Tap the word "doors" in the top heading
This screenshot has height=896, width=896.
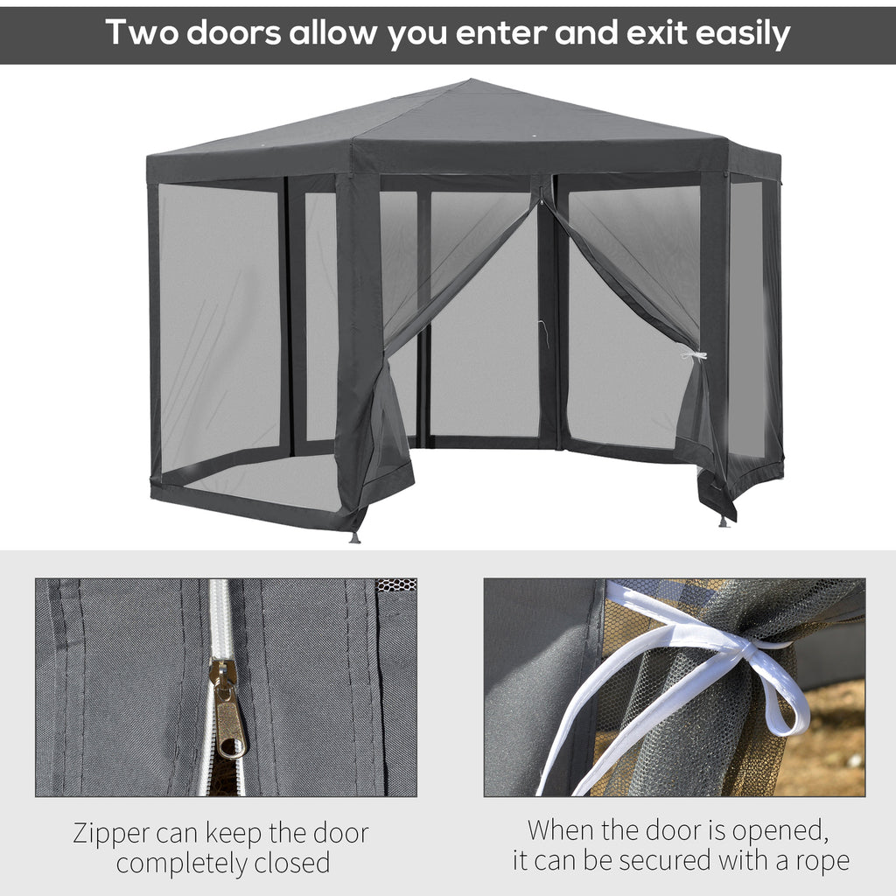[234, 32]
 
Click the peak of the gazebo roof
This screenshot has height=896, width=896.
[471, 80]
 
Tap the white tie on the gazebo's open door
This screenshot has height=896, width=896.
[694, 356]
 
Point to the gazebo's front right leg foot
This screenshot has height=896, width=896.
[724, 521]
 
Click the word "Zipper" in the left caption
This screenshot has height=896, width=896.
[111, 835]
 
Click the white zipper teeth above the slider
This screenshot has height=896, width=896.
[219, 619]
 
